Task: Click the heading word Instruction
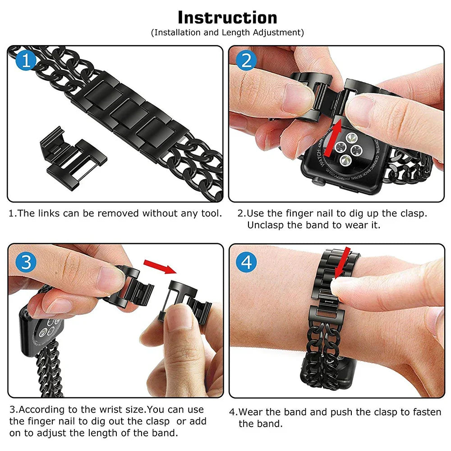[227, 18]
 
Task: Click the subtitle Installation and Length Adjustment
[227, 32]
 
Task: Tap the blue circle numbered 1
[26, 60]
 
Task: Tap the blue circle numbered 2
[246, 60]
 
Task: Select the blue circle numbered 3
[26, 262]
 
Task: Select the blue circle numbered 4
[246, 262]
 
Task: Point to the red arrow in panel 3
[160, 266]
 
